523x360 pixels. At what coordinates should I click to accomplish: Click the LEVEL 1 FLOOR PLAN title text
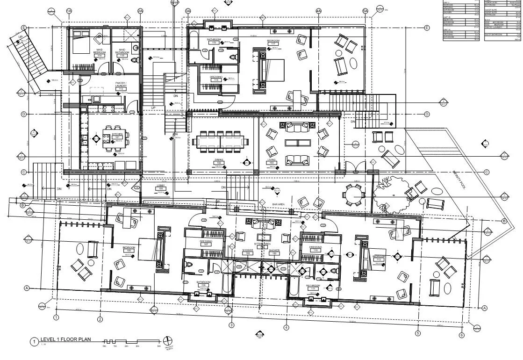click(62, 340)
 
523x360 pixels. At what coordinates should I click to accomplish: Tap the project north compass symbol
click(168, 341)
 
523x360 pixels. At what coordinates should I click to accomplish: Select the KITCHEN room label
click(117, 135)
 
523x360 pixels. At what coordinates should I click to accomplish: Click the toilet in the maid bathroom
click(135, 60)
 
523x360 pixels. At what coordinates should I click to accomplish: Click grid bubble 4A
click(319, 11)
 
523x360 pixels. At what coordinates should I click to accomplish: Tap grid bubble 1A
click(69, 11)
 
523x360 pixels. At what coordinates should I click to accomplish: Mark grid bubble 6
click(461, 335)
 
